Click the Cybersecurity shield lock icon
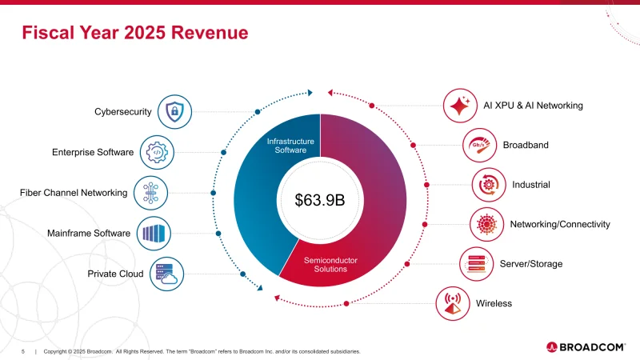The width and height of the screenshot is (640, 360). (x=174, y=111)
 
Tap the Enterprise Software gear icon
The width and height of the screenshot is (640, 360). (x=157, y=152)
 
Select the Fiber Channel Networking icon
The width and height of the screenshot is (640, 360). (x=150, y=193)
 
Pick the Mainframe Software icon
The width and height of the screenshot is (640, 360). (x=154, y=233)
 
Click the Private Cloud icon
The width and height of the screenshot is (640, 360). (x=166, y=274)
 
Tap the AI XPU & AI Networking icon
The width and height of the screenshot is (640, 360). (x=460, y=106)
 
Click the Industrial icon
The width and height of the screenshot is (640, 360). (x=488, y=185)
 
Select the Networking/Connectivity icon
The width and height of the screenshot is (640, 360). (x=486, y=224)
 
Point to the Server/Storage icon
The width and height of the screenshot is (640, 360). (x=476, y=264)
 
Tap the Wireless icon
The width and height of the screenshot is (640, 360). (x=452, y=303)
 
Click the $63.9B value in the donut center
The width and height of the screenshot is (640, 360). (x=319, y=200)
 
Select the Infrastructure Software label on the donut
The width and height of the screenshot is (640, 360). (x=290, y=146)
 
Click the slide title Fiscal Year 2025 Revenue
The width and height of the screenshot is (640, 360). (x=134, y=33)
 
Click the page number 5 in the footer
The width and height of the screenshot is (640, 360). (x=22, y=351)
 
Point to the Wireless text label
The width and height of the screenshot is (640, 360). (x=494, y=303)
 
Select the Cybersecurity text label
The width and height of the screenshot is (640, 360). (x=123, y=112)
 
